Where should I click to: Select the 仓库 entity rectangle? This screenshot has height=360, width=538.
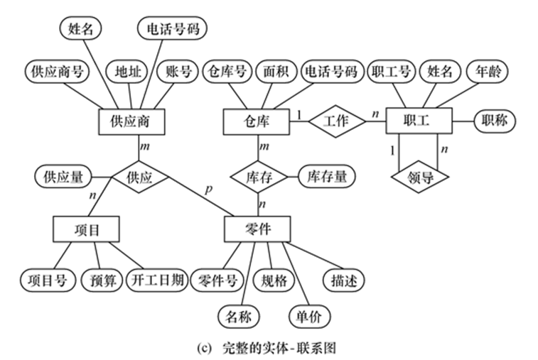[257, 121]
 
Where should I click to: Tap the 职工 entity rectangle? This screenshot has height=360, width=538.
[419, 121]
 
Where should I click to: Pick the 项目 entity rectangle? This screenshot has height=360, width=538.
[85, 229]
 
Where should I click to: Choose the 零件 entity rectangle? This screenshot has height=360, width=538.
[257, 229]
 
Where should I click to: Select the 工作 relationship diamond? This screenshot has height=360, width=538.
[336, 121]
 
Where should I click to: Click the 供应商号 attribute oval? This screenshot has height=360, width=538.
[53, 72]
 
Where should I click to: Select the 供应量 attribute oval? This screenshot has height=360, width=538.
[63, 175]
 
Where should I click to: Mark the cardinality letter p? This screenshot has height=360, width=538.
[207, 190]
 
